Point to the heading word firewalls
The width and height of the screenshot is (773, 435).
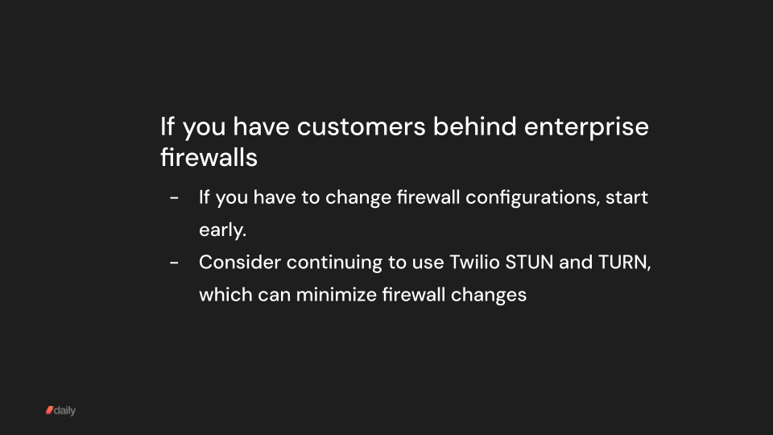[209, 157]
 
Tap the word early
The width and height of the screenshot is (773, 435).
[222, 230]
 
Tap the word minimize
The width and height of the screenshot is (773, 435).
[333, 295]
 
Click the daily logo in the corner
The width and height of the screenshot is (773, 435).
[60, 411]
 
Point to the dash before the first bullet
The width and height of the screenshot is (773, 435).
[175, 198]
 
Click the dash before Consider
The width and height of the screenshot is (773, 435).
[175, 263]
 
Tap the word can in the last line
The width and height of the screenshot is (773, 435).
[274, 295]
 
